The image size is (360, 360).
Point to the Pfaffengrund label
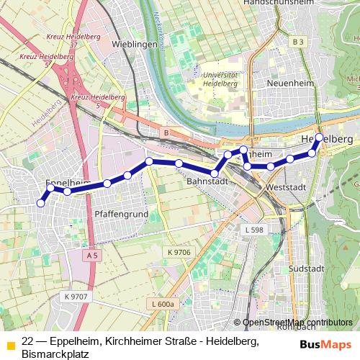click(117, 215)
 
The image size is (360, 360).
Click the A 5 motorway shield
click(91, 256)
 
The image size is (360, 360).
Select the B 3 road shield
click(298, 42)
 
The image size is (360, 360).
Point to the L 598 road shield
click(254, 229)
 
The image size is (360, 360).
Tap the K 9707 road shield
click(75, 296)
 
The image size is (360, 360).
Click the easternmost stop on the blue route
click(320, 136)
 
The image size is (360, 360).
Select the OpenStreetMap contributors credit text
click(297, 323)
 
